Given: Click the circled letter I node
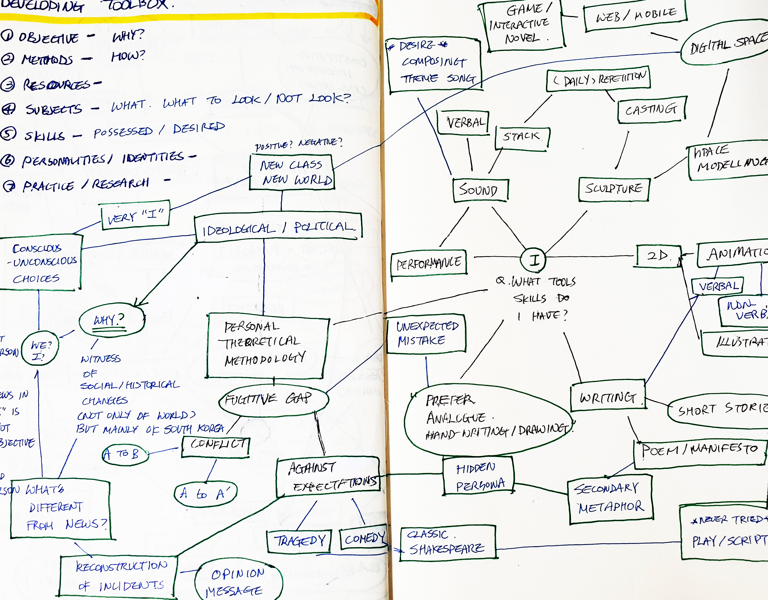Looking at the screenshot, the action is [533, 259].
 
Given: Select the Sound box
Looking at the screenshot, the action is [480, 190].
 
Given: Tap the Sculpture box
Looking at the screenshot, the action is [614, 189].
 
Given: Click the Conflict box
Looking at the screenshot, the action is [216, 446].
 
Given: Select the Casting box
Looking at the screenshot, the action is [651, 110].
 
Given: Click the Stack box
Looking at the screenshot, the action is [522, 138].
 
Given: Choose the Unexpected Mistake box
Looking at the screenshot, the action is [426, 334].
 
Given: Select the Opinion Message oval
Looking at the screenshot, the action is [238, 581].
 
